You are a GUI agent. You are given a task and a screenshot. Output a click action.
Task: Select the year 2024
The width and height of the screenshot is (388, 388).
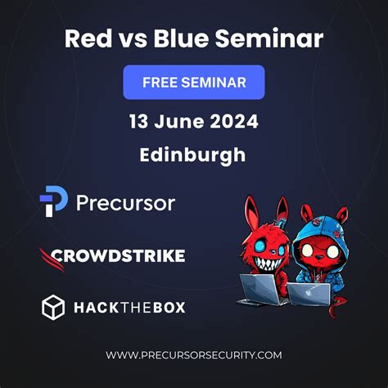[235, 122]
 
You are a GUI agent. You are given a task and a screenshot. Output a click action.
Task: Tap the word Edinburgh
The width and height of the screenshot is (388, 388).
[194, 155]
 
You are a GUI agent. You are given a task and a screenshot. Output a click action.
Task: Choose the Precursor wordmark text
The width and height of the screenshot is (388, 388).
[125, 203]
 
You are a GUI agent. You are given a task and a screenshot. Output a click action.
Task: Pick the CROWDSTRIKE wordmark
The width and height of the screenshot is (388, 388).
[118, 256]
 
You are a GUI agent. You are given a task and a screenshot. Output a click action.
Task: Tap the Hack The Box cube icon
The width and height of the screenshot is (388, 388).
[53, 307]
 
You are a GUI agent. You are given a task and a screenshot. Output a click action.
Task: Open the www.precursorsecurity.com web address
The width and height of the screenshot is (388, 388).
[194, 354]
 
